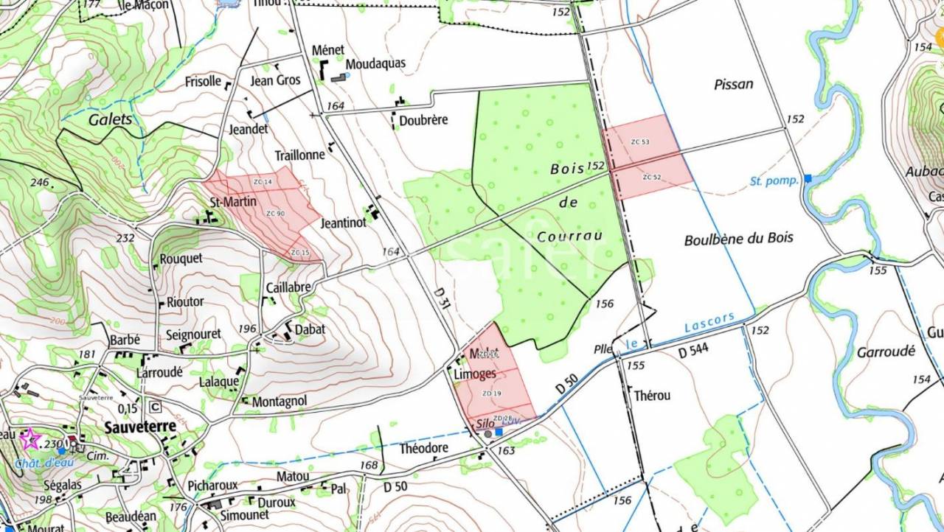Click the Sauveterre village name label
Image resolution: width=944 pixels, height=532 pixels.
click(x=140, y=427)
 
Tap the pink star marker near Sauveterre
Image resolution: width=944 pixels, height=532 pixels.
click(x=30, y=439)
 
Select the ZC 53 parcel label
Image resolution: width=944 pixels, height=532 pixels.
click(x=640, y=141)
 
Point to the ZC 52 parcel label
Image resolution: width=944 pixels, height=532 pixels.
click(x=651, y=177)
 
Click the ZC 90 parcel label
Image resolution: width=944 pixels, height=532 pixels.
click(x=275, y=214)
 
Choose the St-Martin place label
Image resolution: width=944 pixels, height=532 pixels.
click(x=233, y=201)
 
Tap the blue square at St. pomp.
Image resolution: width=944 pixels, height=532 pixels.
click(x=808, y=178)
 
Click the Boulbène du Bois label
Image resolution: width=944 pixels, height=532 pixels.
click(x=738, y=239)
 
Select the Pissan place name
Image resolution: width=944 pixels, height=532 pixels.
click(x=734, y=84)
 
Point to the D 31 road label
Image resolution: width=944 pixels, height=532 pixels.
click(x=442, y=298)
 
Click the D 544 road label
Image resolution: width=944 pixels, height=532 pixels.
click(x=693, y=352)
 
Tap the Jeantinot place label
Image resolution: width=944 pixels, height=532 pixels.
click(x=344, y=223)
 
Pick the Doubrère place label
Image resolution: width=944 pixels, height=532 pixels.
click(x=423, y=121)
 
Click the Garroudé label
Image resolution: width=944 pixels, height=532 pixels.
click(x=886, y=352)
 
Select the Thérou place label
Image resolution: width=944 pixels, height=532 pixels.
click(x=652, y=396)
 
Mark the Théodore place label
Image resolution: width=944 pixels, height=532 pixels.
click(x=423, y=448)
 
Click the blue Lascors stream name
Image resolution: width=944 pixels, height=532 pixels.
click(x=709, y=322)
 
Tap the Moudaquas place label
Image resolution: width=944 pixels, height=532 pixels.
click(x=375, y=63)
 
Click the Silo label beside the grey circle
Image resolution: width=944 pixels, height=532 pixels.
click(x=485, y=424)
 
